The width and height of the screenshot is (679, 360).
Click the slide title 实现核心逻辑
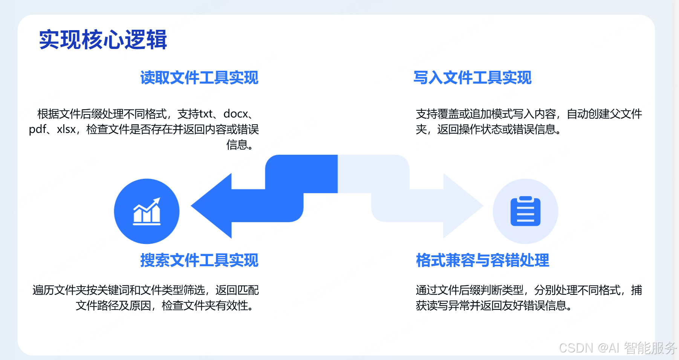pos(103,40)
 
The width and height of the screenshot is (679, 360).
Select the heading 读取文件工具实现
pos(199,78)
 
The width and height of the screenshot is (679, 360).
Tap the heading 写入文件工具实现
pos(472,78)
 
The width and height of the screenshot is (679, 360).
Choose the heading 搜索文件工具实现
pos(199,260)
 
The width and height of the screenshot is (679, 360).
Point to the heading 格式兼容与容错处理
pos(482,260)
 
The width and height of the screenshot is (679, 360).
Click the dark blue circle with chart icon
pos(147,211)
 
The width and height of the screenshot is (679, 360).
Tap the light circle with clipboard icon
pos(525,211)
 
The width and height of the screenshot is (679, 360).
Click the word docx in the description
pos(236,114)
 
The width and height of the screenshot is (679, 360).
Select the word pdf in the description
pos(38,129)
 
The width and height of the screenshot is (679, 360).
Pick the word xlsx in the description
pos(66,129)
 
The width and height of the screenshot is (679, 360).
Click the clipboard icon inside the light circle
pos(525,211)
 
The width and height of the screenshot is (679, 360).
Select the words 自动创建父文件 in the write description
pos(604,114)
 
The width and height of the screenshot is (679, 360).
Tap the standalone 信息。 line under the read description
pos(240,145)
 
